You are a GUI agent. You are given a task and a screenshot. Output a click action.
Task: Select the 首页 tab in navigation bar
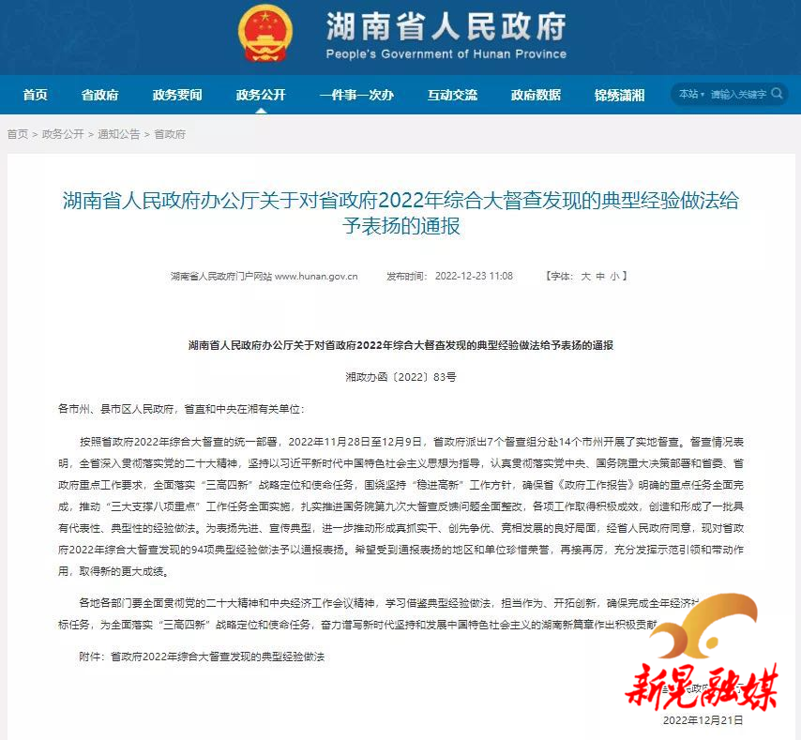(x=36, y=95)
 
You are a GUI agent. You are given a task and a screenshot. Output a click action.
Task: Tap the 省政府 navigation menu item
(x=99, y=95)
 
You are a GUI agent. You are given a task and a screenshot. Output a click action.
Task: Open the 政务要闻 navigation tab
(x=177, y=95)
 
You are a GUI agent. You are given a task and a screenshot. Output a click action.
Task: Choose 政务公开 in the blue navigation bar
(x=260, y=95)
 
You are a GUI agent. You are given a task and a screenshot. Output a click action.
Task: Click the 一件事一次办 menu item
(x=356, y=95)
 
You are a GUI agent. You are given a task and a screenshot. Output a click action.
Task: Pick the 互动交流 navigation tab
(x=452, y=95)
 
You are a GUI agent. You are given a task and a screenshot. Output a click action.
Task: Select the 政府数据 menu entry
(x=536, y=95)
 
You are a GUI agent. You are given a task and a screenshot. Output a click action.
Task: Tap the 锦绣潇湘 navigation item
(x=620, y=95)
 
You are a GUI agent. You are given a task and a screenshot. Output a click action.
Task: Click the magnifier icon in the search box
(x=777, y=94)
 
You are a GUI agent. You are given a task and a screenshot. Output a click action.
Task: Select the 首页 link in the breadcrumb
(x=17, y=134)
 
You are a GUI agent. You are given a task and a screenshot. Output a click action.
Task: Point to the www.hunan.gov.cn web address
(x=316, y=277)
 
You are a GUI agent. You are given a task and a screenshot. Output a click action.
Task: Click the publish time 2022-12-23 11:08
(x=474, y=277)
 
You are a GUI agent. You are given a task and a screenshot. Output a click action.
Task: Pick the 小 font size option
(x=614, y=277)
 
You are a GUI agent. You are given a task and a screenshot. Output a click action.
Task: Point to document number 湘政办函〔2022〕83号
(x=400, y=376)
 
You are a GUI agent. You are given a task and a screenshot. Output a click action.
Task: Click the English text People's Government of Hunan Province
(x=446, y=53)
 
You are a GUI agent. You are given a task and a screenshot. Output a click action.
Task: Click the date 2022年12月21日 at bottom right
(x=703, y=720)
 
